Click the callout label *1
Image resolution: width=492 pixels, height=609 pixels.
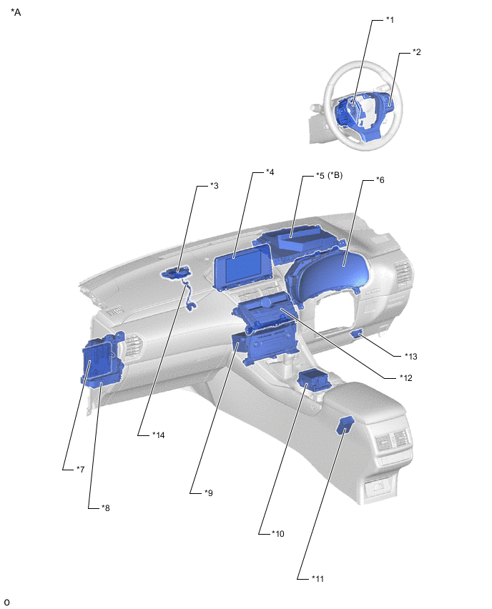tap(390, 20)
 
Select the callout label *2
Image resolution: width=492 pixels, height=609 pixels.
tap(416, 52)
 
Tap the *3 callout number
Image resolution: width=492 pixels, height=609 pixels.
tap(214, 186)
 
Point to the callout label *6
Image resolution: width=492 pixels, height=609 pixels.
tap(380, 180)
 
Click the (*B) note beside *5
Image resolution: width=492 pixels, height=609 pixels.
tap(335, 176)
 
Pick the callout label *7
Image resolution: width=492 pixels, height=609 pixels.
tap(80, 469)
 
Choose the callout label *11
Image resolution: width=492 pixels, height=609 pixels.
tap(318, 579)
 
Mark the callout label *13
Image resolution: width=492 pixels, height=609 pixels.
tap(410, 356)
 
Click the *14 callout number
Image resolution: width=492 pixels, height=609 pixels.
tap(158, 435)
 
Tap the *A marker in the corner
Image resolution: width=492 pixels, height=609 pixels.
tap(16, 12)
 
